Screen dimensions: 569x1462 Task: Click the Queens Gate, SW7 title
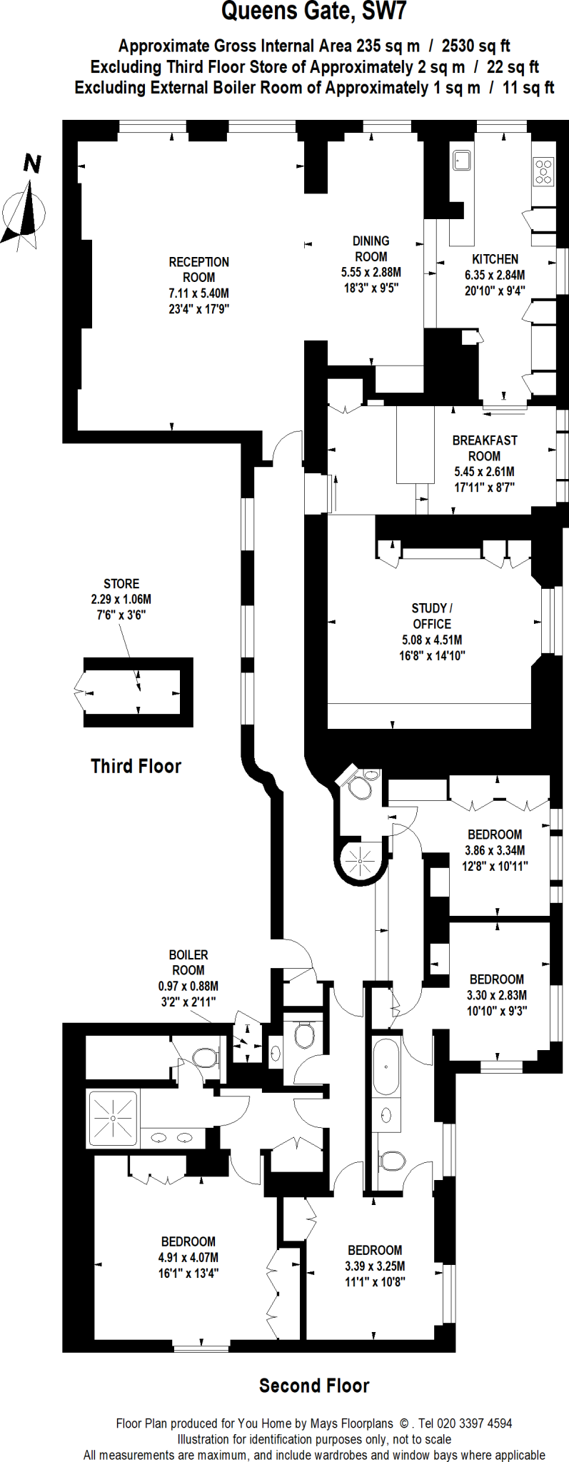tap(314, 12)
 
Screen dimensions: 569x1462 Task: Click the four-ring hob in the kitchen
tap(544, 171)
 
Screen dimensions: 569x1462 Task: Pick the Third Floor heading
tap(136, 766)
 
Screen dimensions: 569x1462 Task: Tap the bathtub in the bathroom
tap(386, 1067)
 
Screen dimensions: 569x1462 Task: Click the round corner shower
tap(361, 861)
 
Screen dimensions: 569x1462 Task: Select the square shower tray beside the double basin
tap(113, 1119)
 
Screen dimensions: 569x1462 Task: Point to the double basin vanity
tap(171, 1138)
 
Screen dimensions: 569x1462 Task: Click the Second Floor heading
tap(314, 1386)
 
